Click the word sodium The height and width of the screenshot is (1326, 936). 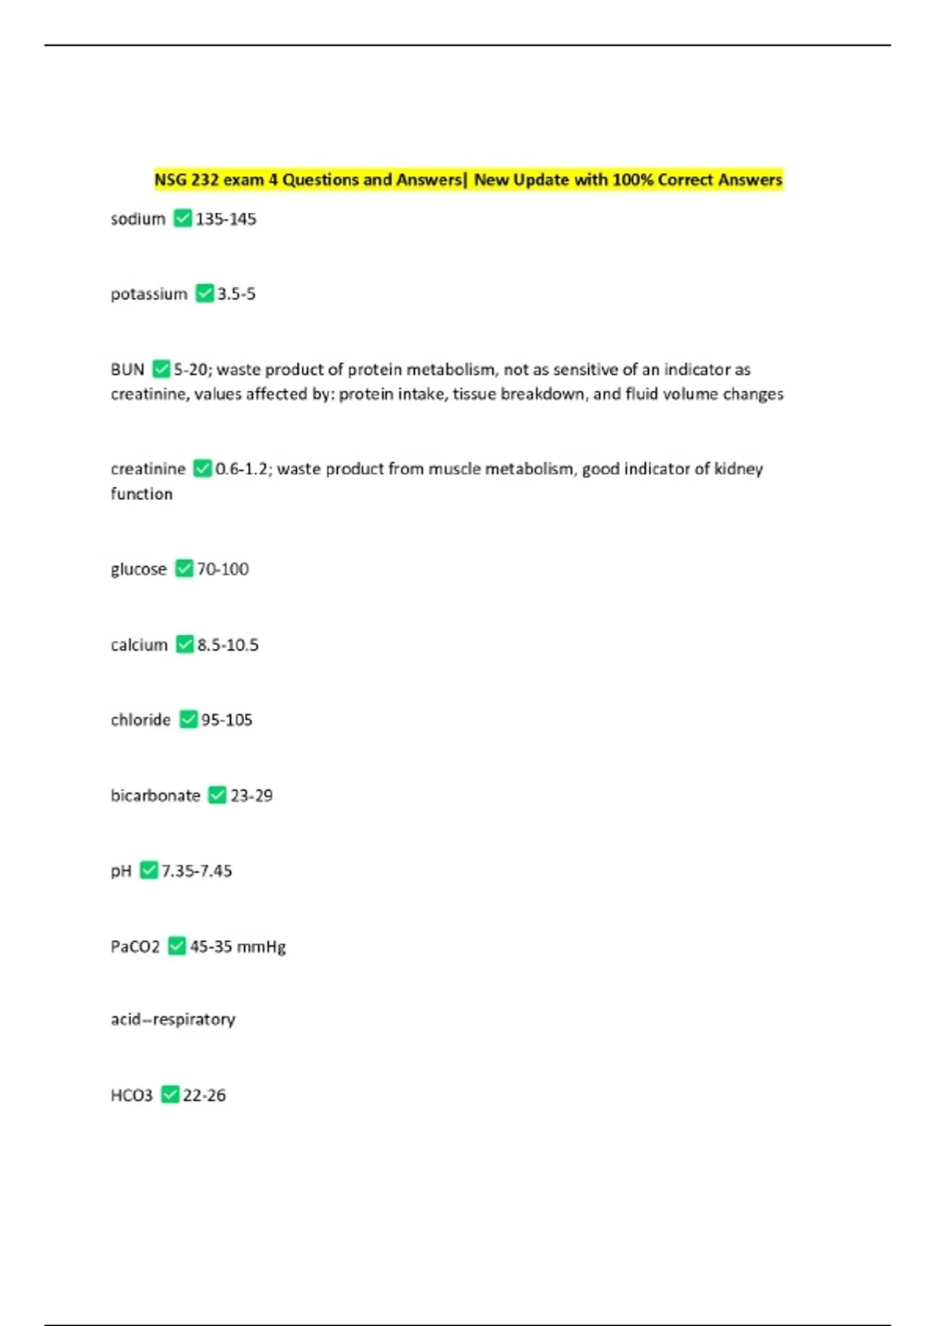138,219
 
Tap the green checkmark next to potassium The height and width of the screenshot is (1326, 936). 204,293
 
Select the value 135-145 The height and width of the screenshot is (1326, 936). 225,219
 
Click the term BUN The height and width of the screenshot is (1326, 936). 127,369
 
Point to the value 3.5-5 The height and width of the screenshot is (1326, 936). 236,294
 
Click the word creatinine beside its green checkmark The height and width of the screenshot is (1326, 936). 148,469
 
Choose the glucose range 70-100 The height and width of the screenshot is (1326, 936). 223,569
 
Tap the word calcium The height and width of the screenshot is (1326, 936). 139,645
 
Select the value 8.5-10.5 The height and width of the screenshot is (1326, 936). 228,645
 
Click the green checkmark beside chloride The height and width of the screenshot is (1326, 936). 189,719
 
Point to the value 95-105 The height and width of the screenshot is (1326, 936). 227,720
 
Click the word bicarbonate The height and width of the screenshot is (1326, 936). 155,796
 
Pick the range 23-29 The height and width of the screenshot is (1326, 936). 251,796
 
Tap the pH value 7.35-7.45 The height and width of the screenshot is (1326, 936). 197,871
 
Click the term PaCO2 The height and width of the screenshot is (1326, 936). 135,947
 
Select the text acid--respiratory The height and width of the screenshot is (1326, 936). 172,1019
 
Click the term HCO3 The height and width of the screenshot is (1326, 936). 132,1096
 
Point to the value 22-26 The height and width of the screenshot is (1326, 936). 204,1096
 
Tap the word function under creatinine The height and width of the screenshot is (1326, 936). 141,494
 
